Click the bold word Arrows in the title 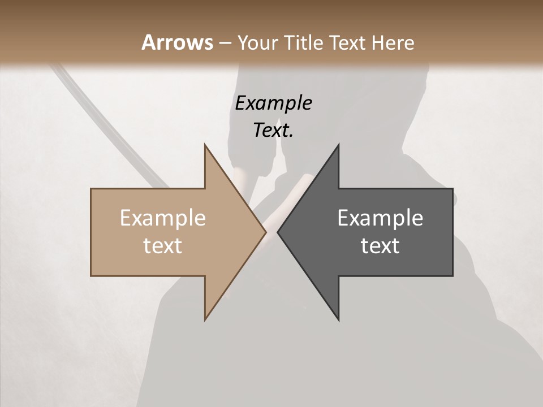[x=177, y=42]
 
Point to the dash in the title [x=225, y=44]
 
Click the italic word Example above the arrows [x=273, y=103]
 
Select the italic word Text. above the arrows [x=273, y=131]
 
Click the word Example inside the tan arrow [x=163, y=218]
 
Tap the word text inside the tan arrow [x=163, y=246]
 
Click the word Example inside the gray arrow [x=380, y=218]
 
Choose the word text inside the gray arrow [x=380, y=246]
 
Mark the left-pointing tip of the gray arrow [x=278, y=232]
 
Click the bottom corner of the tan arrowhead [x=205, y=319]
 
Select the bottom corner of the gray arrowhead [x=338, y=319]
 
